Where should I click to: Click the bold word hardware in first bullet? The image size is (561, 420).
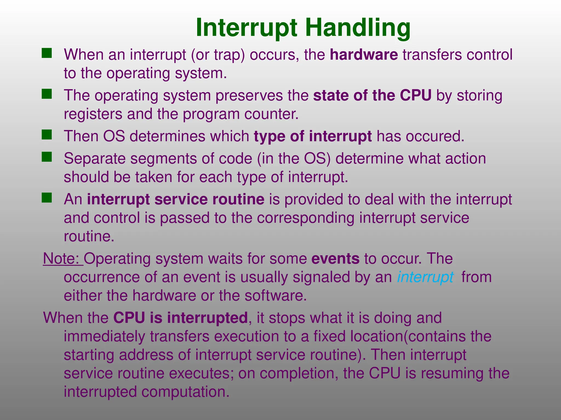(364, 55)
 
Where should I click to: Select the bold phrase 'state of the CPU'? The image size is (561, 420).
(372, 95)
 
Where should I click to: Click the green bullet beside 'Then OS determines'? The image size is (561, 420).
(47, 135)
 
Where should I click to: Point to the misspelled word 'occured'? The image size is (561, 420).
(435, 136)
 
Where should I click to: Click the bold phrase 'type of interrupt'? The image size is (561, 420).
(313, 136)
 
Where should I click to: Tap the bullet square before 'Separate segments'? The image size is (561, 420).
(47, 157)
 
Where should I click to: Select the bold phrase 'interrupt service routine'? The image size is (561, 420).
(176, 199)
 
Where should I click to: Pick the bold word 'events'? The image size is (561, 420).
(335, 258)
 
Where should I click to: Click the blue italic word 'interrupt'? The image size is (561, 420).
(425, 277)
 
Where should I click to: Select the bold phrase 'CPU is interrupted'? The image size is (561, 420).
(180, 318)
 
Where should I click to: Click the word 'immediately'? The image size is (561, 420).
(104, 336)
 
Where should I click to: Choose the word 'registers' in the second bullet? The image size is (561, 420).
(93, 114)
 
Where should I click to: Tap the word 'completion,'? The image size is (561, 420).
(299, 373)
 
